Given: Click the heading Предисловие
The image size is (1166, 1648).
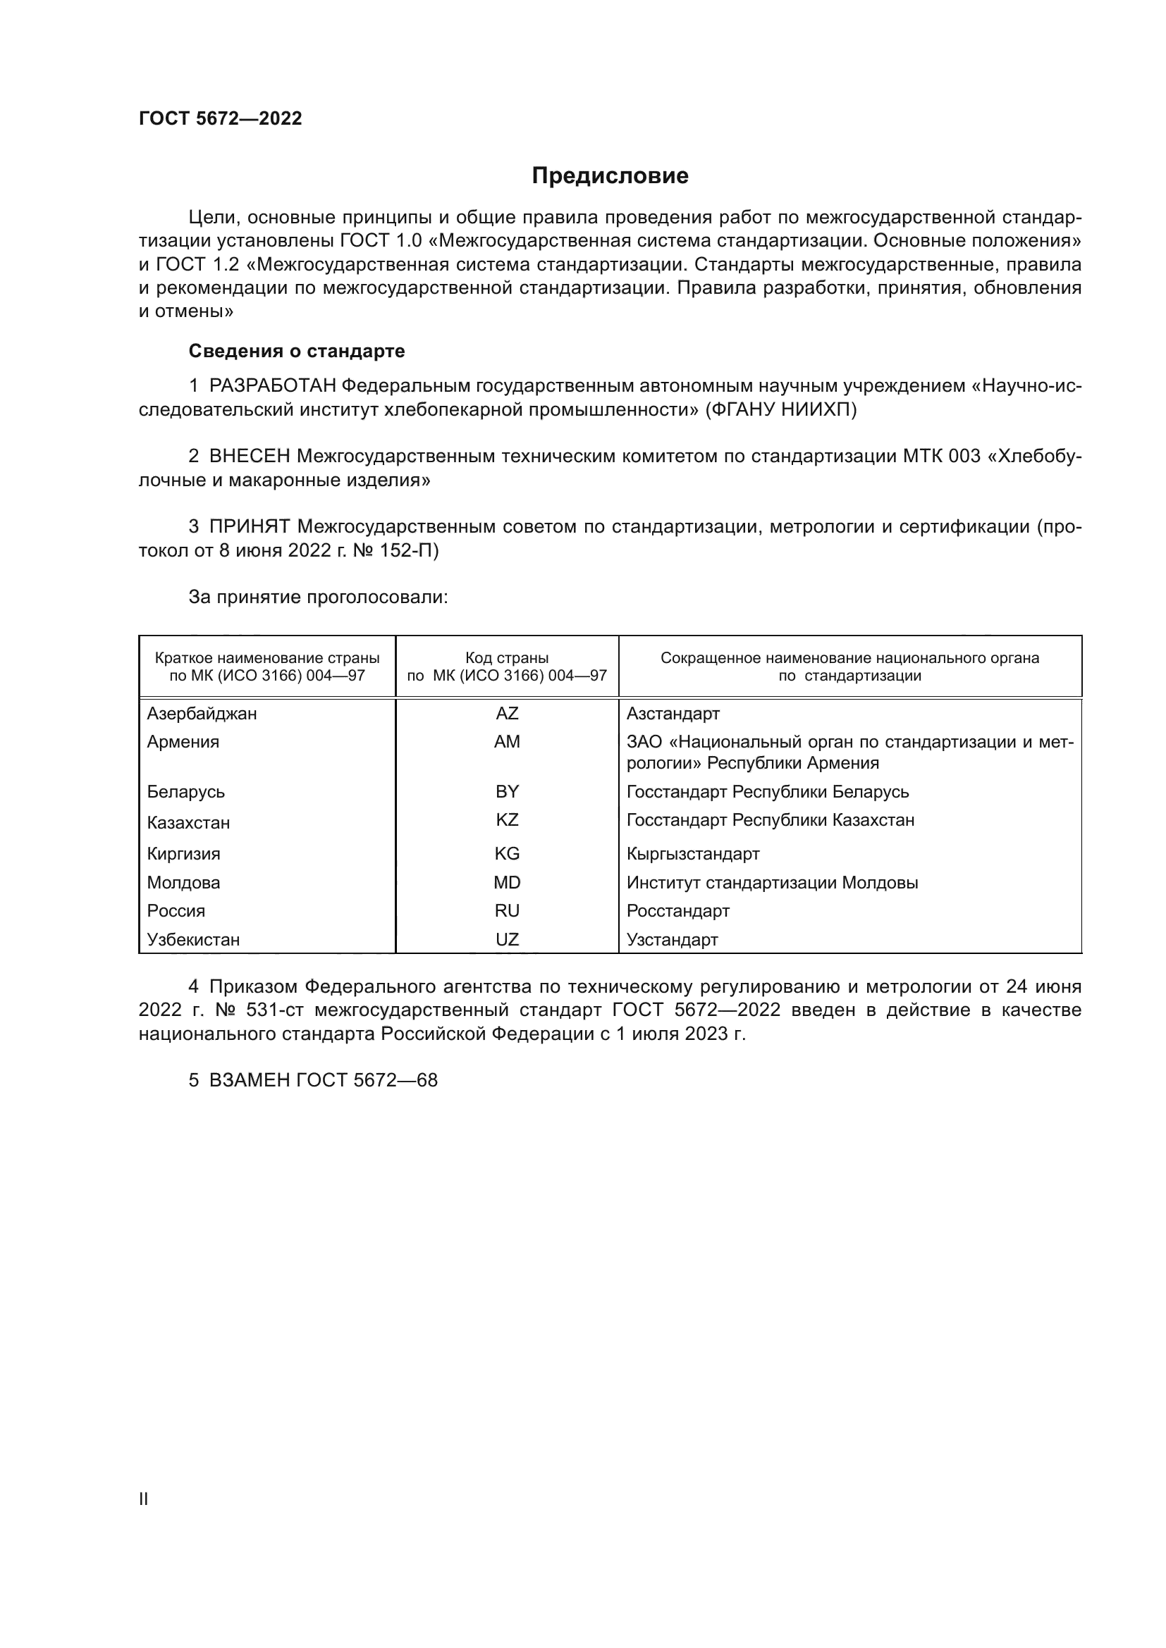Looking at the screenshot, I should click(x=610, y=176).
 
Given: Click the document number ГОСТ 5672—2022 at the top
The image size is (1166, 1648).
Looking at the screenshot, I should click(x=221, y=118).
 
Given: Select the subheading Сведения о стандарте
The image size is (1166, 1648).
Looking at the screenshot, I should click(x=297, y=351).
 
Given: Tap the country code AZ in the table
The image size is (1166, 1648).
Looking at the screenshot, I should click(x=507, y=714).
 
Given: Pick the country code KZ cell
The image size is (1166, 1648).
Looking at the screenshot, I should click(x=507, y=819).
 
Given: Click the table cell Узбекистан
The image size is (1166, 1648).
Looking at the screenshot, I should click(x=193, y=940).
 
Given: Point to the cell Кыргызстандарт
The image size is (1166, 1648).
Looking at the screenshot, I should click(x=693, y=853).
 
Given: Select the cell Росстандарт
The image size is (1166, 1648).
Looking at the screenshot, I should click(x=677, y=911).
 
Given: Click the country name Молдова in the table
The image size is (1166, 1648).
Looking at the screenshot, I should click(x=184, y=882).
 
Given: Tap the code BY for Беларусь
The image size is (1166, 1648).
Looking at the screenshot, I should click(x=507, y=792).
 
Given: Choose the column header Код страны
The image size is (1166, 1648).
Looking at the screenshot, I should click(x=507, y=658).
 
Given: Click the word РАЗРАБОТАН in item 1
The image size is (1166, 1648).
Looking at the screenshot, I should click(x=273, y=386).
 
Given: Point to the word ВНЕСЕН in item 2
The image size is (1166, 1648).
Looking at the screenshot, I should click(x=250, y=456).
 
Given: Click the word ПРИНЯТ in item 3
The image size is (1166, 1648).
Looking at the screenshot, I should click(x=250, y=526).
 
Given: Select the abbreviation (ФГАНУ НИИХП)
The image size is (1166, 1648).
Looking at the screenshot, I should click(x=781, y=410).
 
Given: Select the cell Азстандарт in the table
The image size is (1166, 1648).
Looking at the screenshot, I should click(x=673, y=714).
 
